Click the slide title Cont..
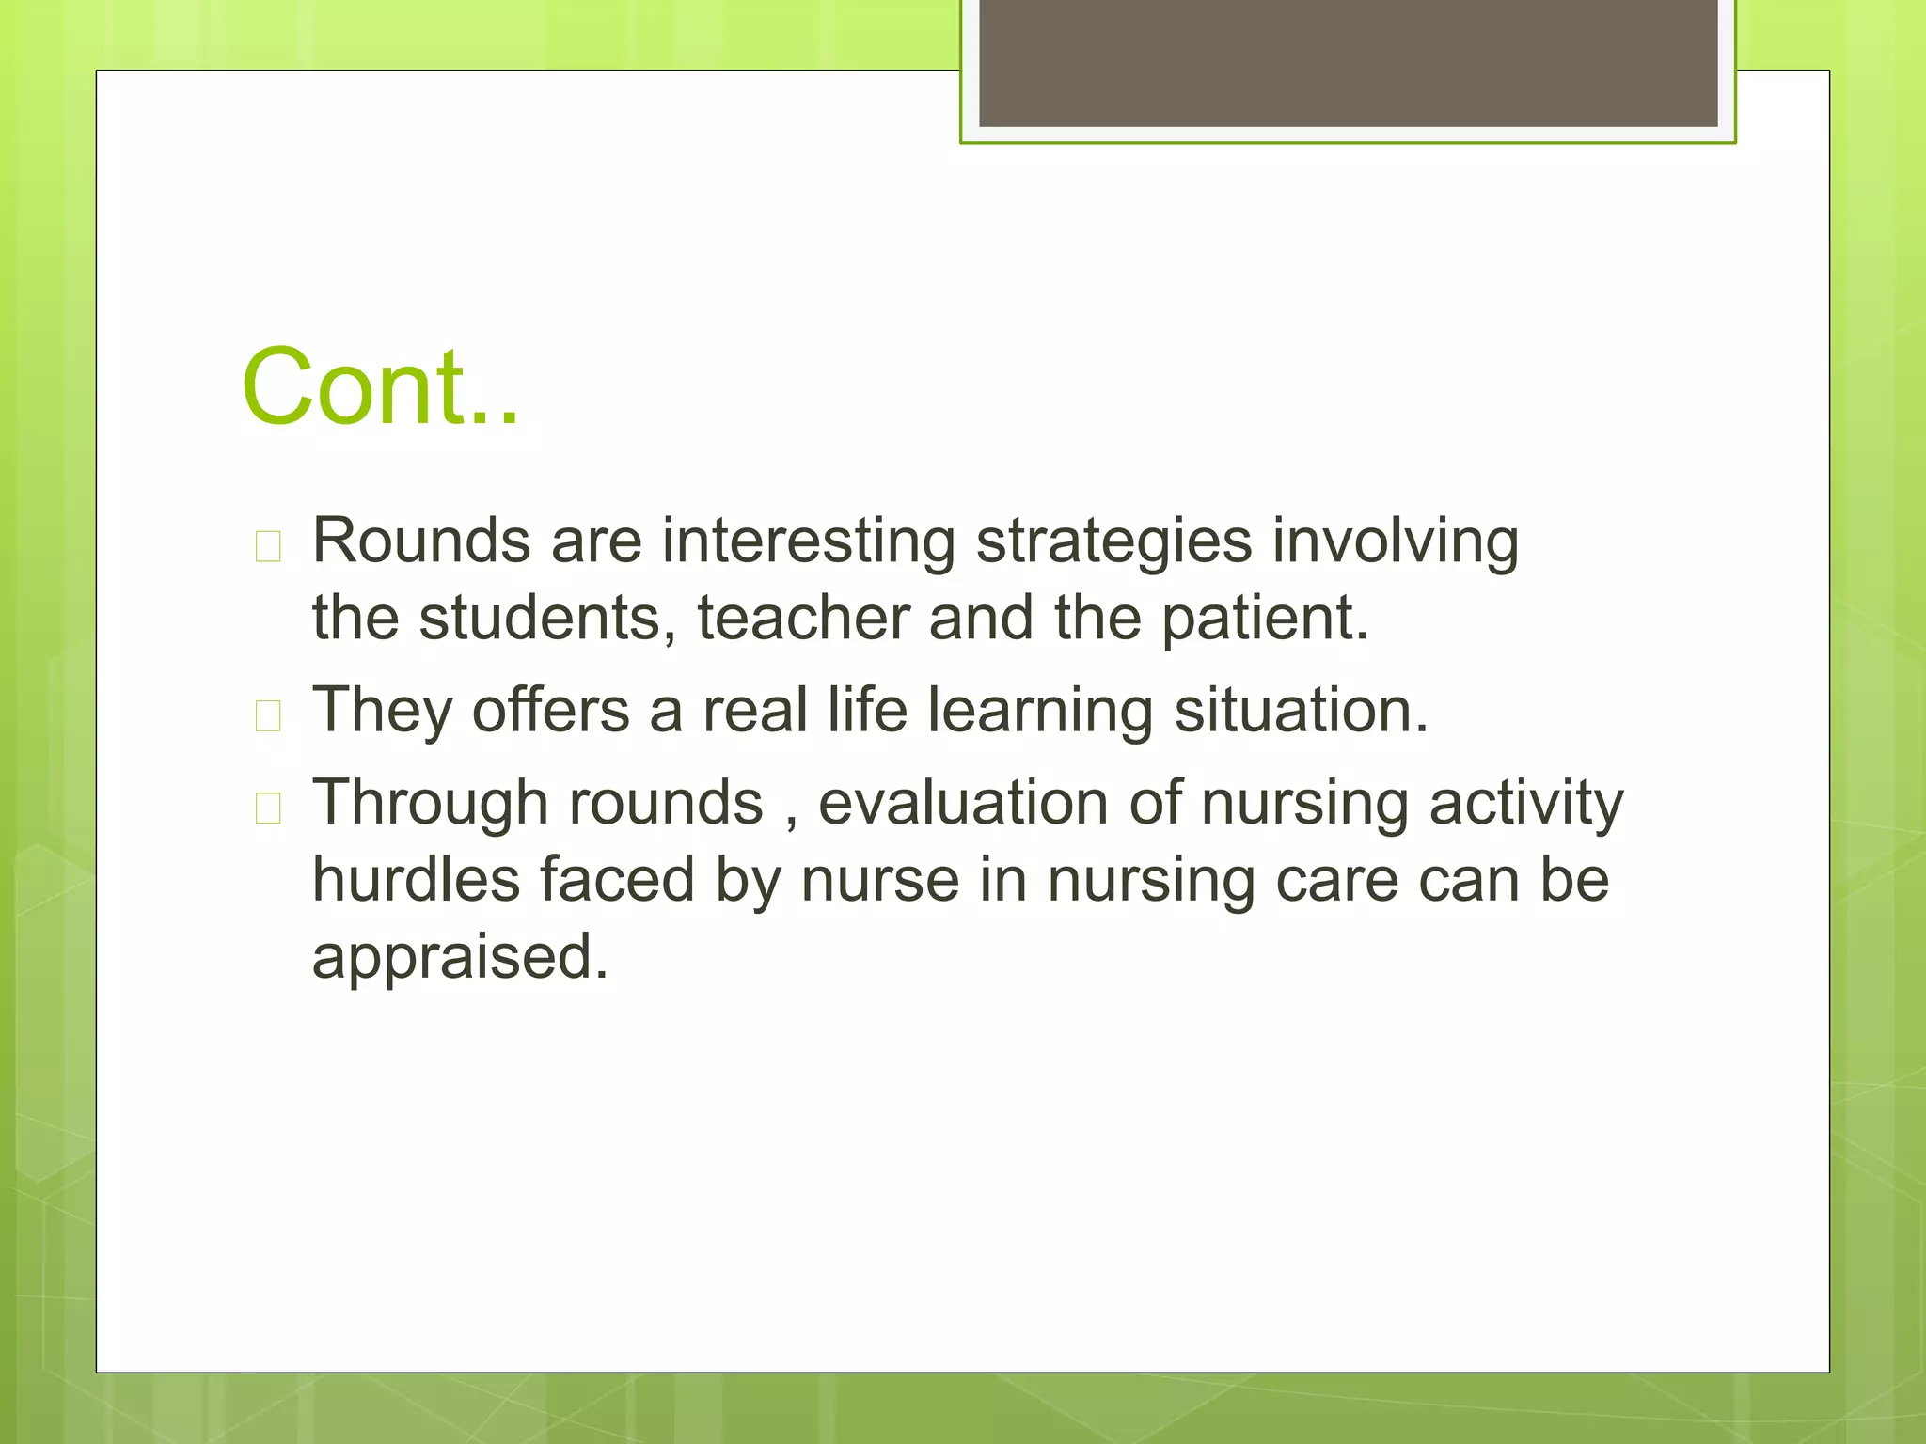tap(380, 386)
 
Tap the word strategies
tap(1113, 542)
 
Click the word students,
tap(547, 619)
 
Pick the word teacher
tap(803, 619)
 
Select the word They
tap(382, 711)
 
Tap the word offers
tap(551, 710)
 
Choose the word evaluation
tap(963, 803)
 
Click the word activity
tap(1525, 805)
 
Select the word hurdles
tap(416, 880)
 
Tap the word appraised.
tap(460, 957)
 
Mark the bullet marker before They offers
tap(268, 715)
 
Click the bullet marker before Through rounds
tap(268, 808)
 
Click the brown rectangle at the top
tap(1348, 62)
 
